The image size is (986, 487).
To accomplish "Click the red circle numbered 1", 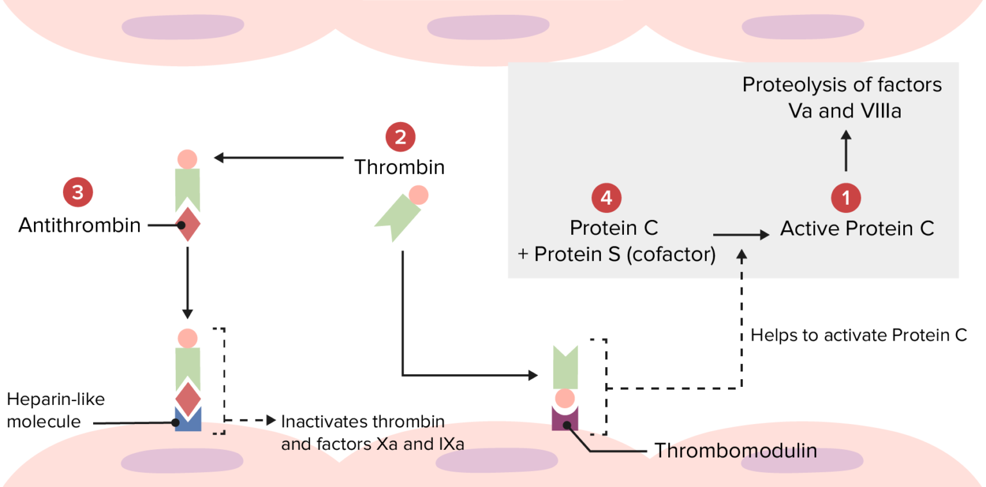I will pyautogui.click(x=846, y=198).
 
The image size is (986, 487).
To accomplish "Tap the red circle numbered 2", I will pyautogui.click(x=400, y=137).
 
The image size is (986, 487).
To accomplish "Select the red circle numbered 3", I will pyautogui.click(x=77, y=192).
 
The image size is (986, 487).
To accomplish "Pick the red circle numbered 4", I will pyautogui.click(x=606, y=198).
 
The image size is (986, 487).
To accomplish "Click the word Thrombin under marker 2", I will pyautogui.click(x=399, y=167).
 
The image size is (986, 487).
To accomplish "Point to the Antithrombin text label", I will pyautogui.click(x=79, y=226).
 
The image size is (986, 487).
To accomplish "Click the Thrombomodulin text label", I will pyautogui.click(x=736, y=451).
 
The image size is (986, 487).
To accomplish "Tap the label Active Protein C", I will pyautogui.click(x=857, y=229).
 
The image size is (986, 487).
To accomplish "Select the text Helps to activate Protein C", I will pyautogui.click(x=858, y=336).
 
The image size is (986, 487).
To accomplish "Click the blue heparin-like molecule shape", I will pyautogui.click(x=187, y=420).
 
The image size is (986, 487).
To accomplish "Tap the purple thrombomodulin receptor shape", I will pyautogui.click(x=565, y=420).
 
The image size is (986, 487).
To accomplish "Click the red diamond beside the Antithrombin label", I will pyautogui.click(x=187, y=225).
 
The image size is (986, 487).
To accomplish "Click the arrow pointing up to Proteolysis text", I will pyautogui.click(x=846, y=151).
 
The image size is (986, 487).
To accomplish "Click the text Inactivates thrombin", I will pyautogui.click(x=363, y=422).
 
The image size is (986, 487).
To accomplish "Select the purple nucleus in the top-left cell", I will pyautogui.click(x=182, y=26).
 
